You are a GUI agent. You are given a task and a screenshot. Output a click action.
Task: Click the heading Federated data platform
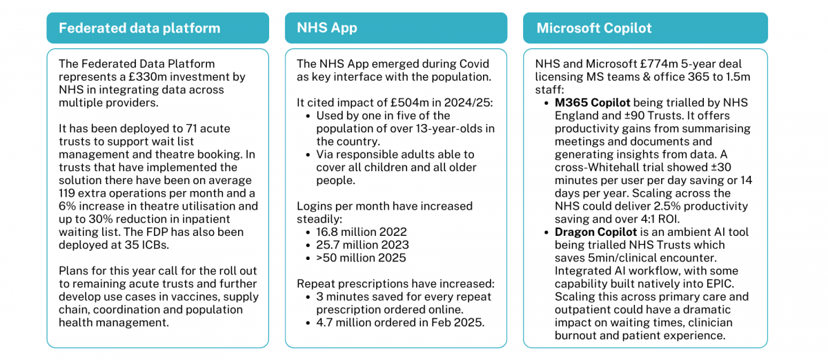(139, 28)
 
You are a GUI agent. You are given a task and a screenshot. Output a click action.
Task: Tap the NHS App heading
(327, 28)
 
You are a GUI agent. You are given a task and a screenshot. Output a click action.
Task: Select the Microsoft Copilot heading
(594, 28)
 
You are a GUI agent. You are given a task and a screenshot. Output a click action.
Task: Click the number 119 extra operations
(66, 193)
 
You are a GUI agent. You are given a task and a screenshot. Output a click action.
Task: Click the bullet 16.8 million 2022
(361, 232)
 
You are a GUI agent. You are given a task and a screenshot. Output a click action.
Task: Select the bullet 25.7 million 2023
(362, 245)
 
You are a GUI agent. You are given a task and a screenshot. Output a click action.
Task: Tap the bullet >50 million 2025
(361, 258)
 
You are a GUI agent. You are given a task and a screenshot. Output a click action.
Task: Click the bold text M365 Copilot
(592, 103)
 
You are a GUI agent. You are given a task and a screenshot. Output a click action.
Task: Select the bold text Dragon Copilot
(595, 232)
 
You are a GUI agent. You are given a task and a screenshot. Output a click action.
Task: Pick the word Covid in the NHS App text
(474, 64)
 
